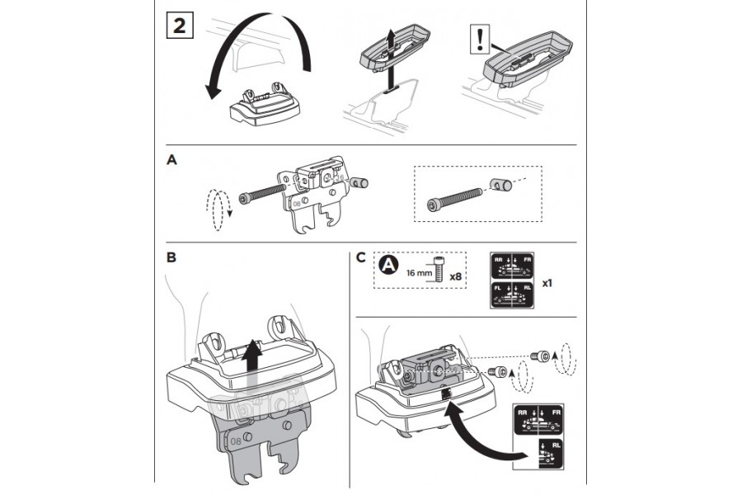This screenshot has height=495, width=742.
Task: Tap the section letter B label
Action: pyautogui.click(x=171, y=257)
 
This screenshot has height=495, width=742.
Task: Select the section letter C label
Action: pyautogui.click(x=361, y=257)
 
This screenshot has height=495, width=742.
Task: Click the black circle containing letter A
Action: pyautogui.click(x=389, y=266)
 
